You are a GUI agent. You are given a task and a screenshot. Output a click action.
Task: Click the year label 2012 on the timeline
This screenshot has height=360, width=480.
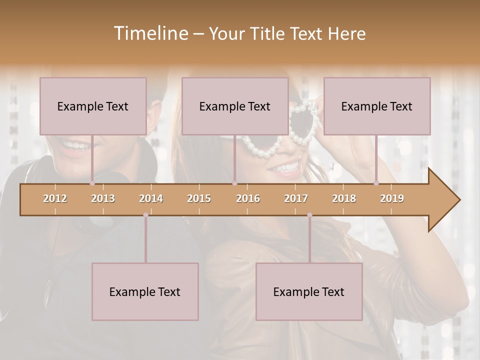coord(55,198)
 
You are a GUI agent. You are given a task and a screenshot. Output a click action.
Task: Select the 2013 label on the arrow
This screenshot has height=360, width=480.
coord(103,198)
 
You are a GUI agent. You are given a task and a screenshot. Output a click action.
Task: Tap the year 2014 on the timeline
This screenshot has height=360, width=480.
coord(151,198)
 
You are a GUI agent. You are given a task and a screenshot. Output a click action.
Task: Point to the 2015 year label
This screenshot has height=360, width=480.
coord(199,198)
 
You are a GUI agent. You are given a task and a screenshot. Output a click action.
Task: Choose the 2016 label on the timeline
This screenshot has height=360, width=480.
coord(248,198)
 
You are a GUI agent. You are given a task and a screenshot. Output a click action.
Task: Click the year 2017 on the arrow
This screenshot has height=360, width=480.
coord(296,198)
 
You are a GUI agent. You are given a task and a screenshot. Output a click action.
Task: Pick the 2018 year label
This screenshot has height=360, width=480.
coord(344,198)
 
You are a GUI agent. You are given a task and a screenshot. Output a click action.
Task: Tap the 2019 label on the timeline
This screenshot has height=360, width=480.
coord(392,198)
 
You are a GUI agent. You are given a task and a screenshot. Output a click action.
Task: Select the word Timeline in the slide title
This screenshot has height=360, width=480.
coord(149,33)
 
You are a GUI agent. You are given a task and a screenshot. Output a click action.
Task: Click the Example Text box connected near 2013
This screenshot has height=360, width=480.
coord(93,106)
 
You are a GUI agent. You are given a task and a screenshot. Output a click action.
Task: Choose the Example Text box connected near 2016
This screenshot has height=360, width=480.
coord(235,106)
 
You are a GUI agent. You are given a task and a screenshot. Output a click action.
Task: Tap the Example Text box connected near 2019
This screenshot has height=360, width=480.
coord(377,106)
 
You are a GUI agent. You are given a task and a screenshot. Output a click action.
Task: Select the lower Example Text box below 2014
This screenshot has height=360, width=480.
coord(145,291)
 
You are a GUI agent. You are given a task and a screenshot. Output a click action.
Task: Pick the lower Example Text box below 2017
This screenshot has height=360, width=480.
coord(309,291)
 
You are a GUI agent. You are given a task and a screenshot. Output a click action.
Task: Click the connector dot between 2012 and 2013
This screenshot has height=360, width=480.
coord(92,183)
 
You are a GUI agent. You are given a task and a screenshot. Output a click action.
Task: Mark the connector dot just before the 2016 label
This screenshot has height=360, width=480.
coord(234,183)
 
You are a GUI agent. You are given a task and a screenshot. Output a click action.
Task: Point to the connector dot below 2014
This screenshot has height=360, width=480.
coord(145,215)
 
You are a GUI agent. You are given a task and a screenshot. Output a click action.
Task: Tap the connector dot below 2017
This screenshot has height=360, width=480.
coord(309,215)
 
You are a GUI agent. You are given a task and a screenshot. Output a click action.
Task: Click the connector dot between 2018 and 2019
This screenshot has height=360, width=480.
coord(376,183)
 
